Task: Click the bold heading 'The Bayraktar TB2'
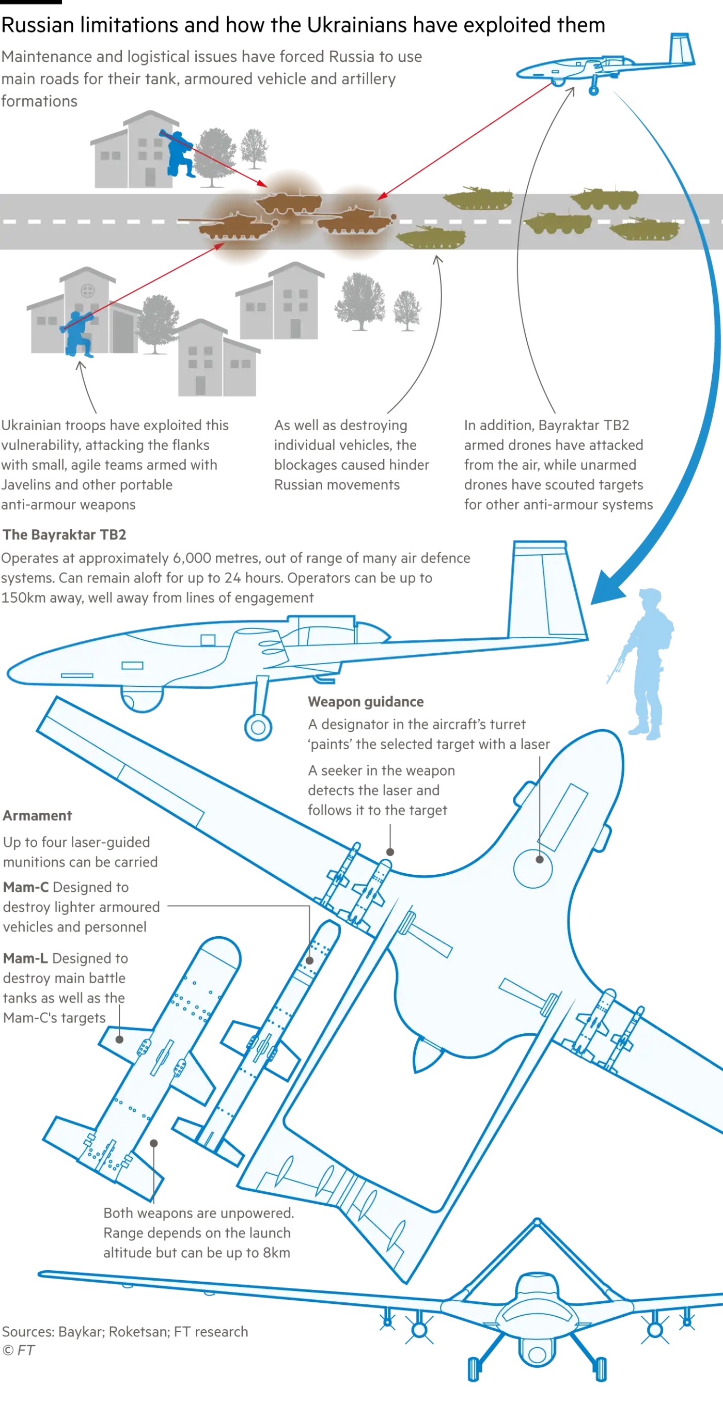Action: click(64, 535)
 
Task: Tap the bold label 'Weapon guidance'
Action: click(366, 701)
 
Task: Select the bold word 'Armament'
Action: click(37, 815)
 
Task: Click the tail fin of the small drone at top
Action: click(681, 49)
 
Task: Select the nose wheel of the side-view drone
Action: click(258, 727)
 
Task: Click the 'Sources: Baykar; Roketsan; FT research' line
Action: click(125, 1331)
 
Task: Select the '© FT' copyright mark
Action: click(19, 1350)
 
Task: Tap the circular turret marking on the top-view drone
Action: click(533, 868)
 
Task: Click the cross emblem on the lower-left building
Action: click(87, 290)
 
